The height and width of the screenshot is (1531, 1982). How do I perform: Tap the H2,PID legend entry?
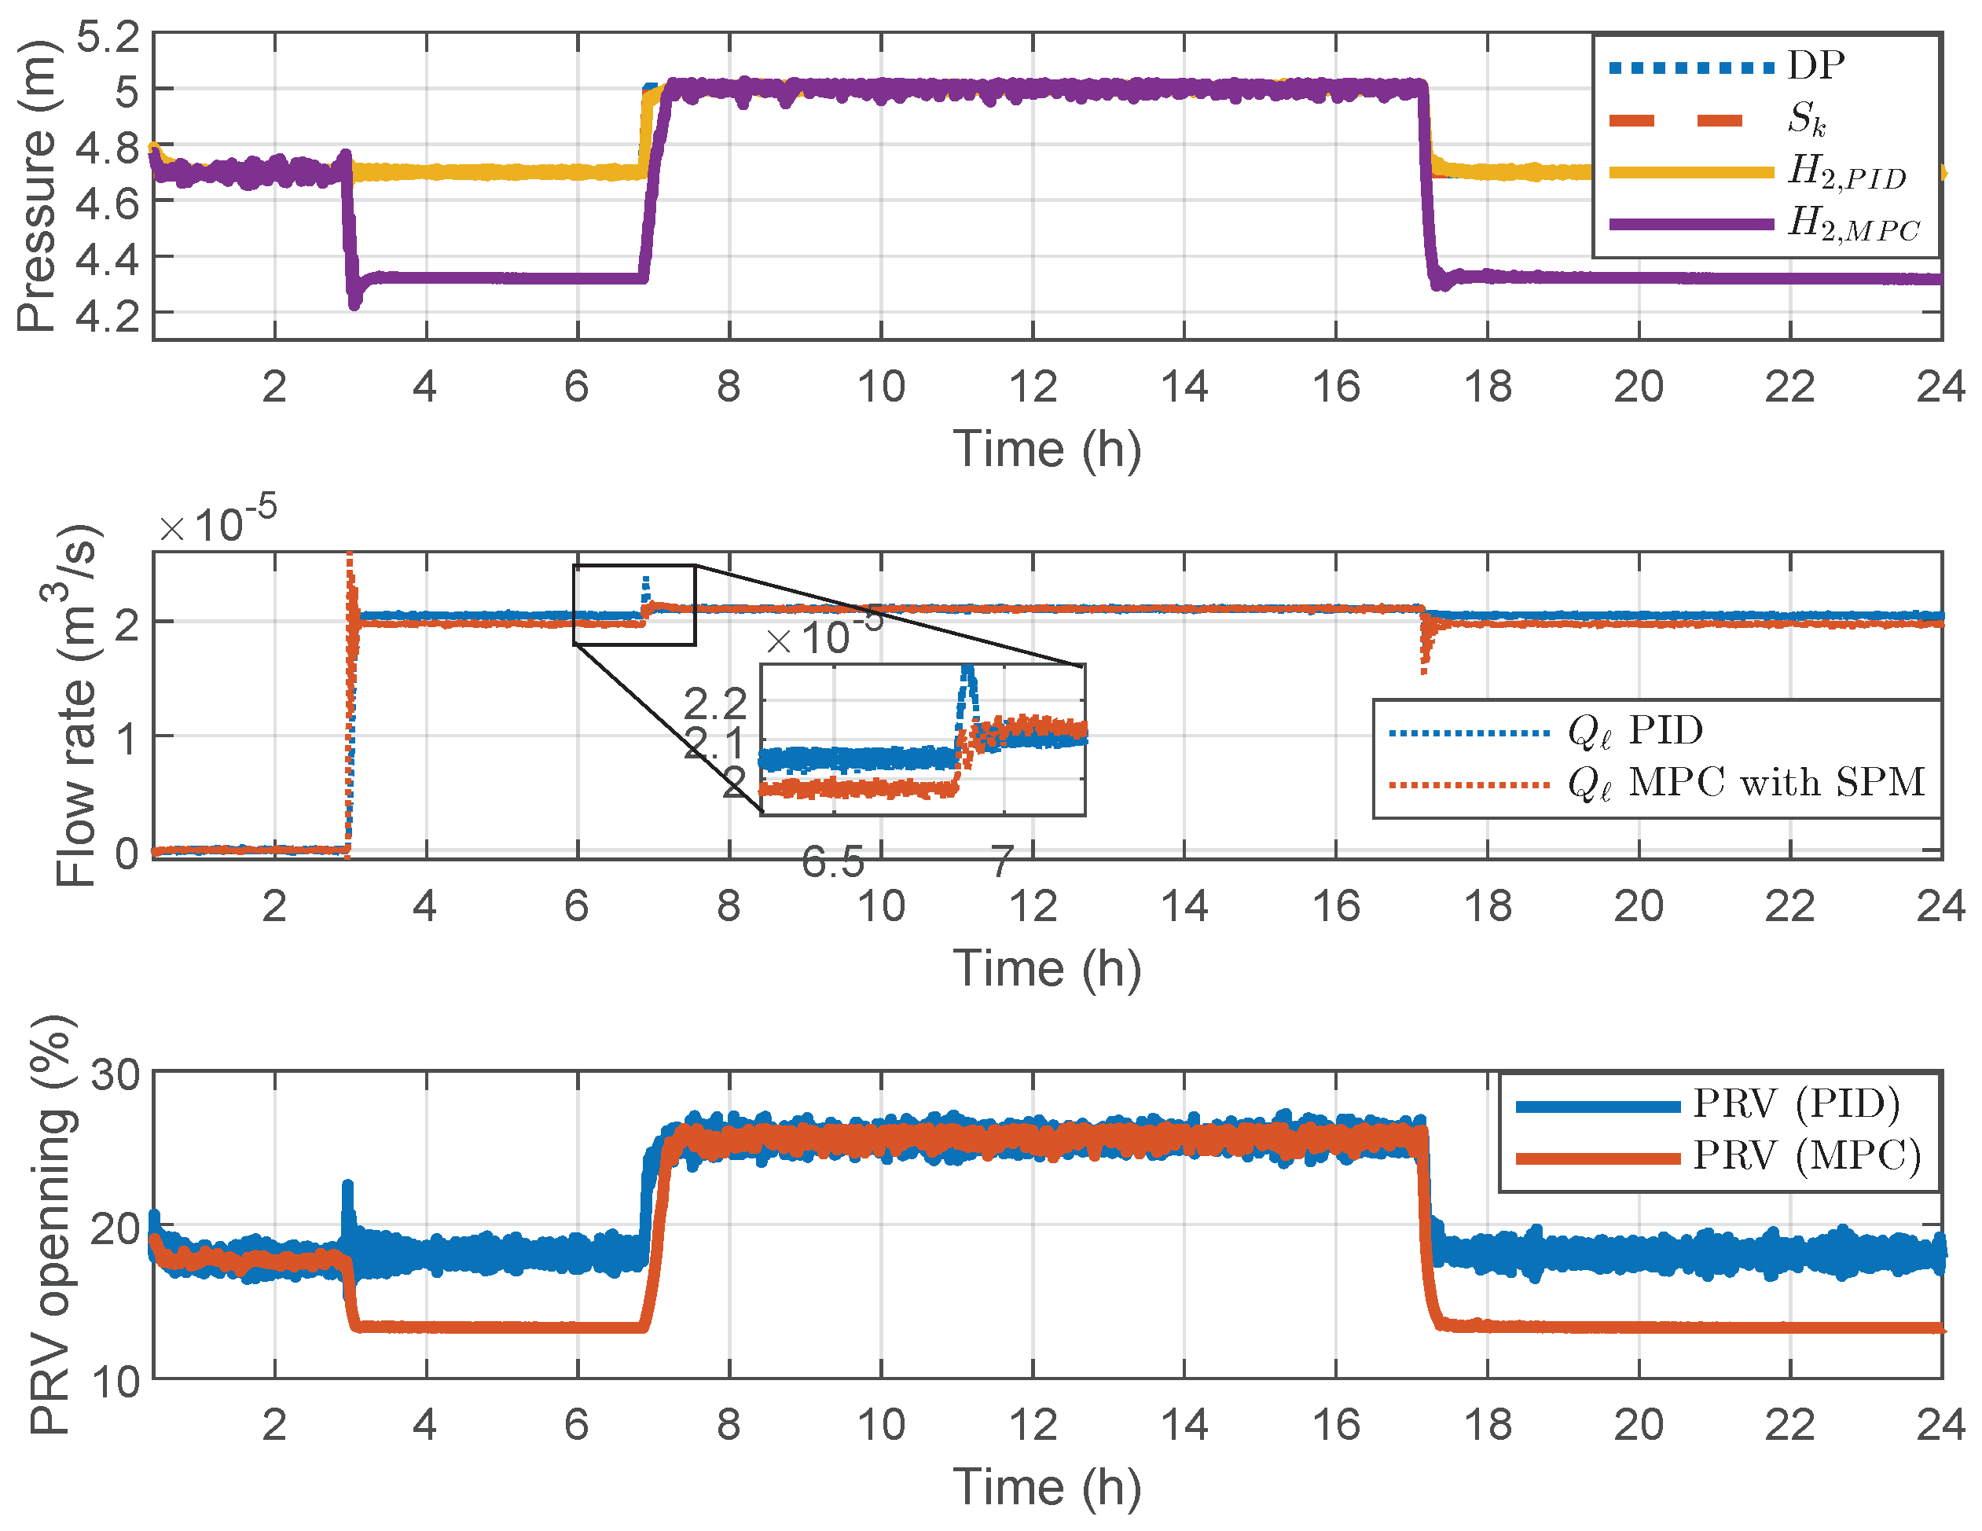[1846, 171]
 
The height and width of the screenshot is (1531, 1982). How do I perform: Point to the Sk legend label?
[1806, 119]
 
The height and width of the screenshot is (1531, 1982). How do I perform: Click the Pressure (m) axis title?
[36, 187]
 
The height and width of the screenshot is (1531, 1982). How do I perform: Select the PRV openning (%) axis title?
[50, 1225]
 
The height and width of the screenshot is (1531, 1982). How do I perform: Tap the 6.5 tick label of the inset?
[832, 862]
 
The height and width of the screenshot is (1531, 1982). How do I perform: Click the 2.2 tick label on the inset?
[715, 703]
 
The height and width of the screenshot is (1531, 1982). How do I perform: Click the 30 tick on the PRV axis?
[116, 1075]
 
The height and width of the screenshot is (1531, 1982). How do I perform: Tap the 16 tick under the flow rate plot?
[1336, 905]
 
